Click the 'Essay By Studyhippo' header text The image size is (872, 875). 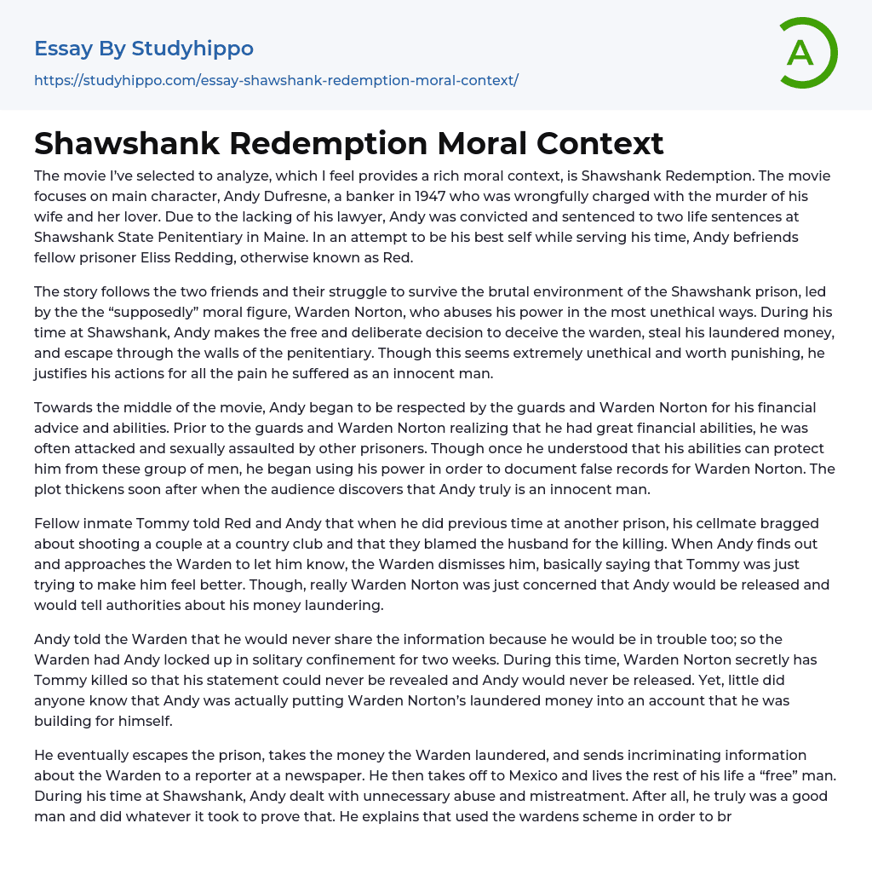click(144, 49)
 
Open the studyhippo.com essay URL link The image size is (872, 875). click(276, 80)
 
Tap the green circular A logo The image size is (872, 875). click(806, 53)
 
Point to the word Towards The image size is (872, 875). click(65, 407)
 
